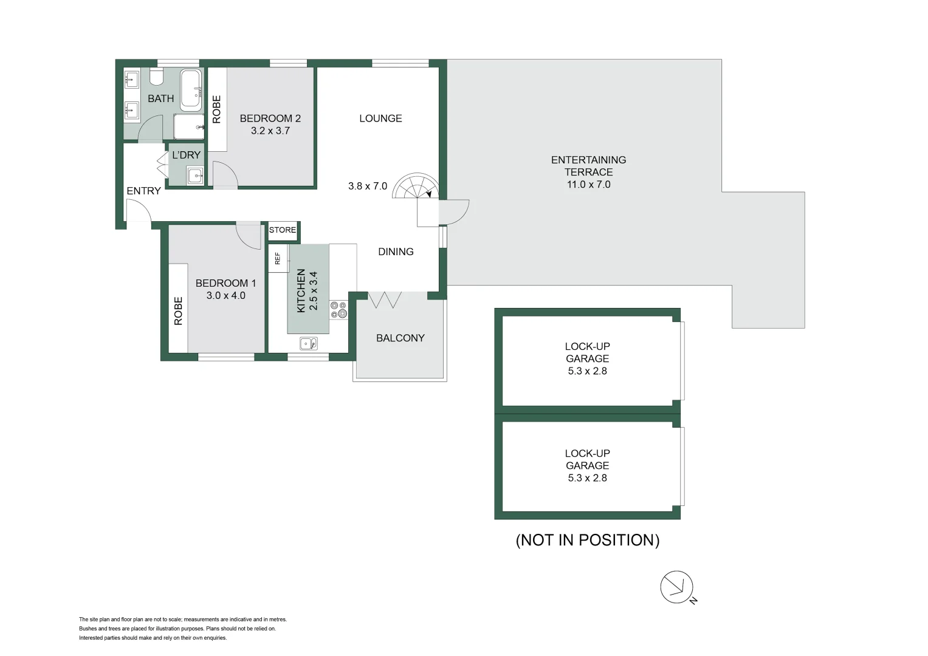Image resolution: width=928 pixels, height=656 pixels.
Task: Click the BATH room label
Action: [x=160, y=98]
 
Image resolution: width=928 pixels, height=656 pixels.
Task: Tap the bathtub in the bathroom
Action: [x=191, y=90]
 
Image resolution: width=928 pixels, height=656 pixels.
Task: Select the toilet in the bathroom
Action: [x=156, y=77]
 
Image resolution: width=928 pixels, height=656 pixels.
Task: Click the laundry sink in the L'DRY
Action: [x=195, y=176]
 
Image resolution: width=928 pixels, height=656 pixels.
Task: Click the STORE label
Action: [x=283, y=230]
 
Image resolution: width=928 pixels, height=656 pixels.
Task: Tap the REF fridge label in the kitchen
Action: [x=278, y=258]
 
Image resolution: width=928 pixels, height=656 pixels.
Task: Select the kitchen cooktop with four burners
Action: [x=339, y=310]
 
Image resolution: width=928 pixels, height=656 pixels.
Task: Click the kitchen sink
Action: [x=308, y=344]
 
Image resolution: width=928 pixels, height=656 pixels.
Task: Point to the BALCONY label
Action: [x=400, y=338]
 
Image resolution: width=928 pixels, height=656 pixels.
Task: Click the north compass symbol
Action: [x=677, y=587]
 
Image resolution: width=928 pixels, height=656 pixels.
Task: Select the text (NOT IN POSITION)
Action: [x=587, y=540]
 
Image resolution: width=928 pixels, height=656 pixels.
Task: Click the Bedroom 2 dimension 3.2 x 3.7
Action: [x=270, y=131]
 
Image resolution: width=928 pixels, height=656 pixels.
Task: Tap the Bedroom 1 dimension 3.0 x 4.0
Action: [x=225, y=296]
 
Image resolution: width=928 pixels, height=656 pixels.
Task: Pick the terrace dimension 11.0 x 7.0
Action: [x=588, y=185]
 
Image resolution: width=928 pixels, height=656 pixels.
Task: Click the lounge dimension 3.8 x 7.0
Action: [x=367, y=186]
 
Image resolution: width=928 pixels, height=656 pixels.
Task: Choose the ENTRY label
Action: [x=143, y=191]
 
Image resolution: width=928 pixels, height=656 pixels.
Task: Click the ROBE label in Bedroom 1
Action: [x=178, y=310]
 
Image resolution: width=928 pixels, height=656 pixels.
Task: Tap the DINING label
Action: [x=396, y=251]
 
